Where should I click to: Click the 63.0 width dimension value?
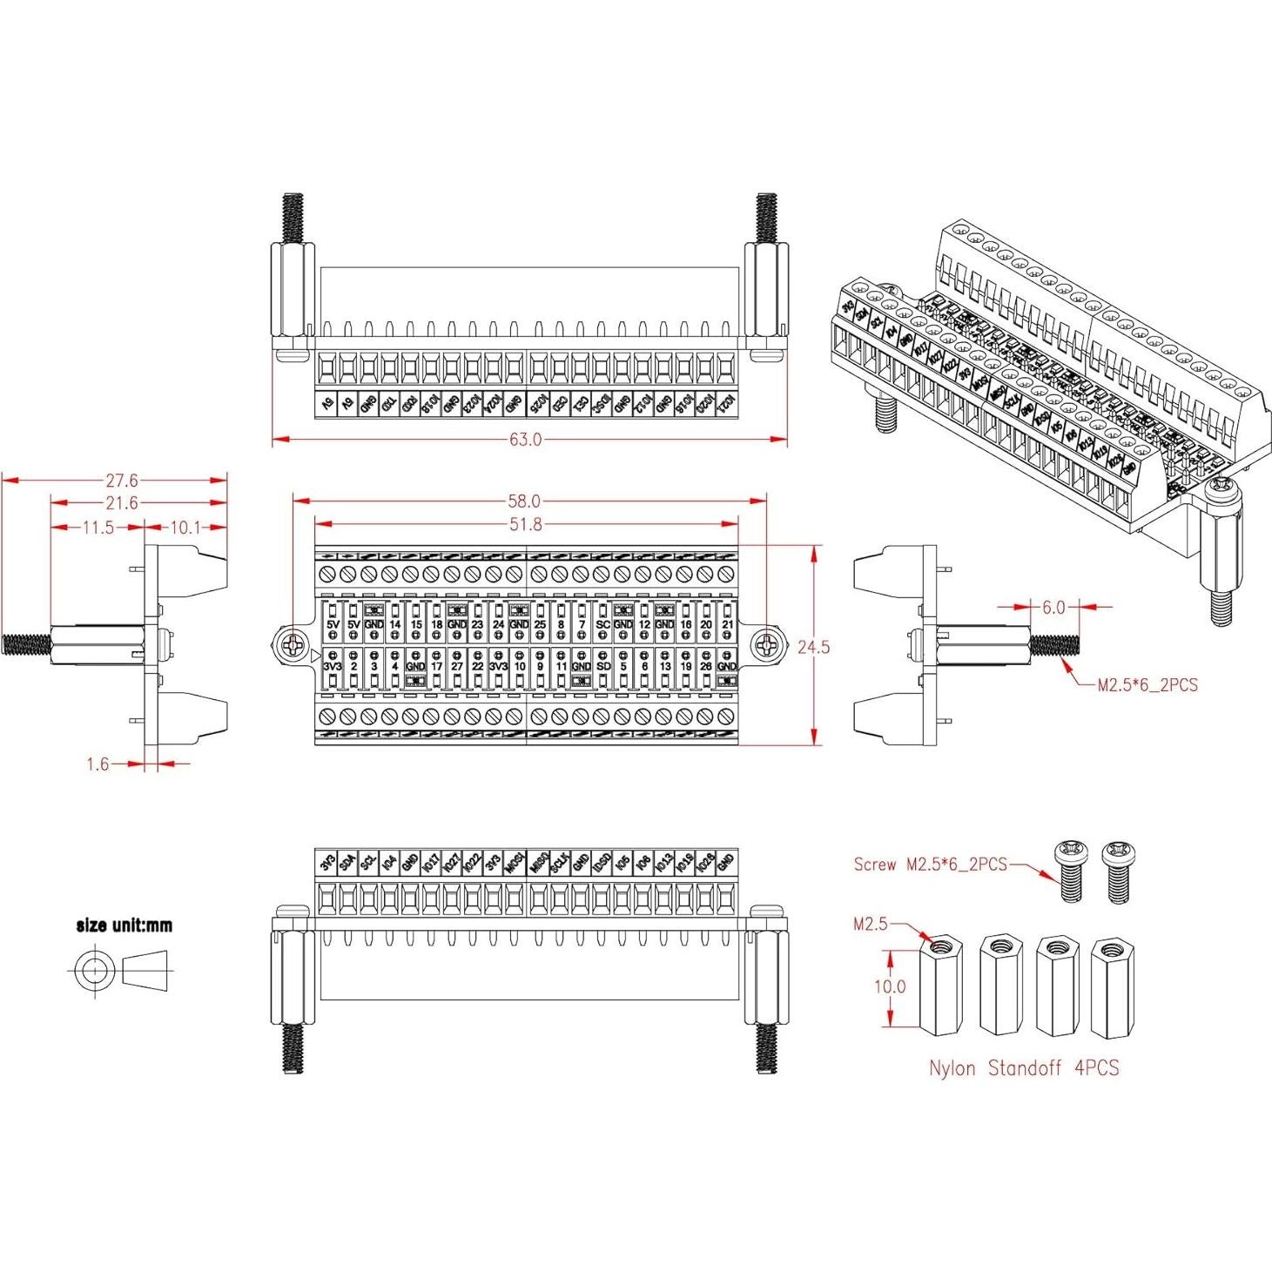click(525, 440)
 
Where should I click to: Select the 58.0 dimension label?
click(524, 501)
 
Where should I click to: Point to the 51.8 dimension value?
click(525, 524)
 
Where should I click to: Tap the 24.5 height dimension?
click(813, 647)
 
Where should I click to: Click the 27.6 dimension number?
click(122, 480)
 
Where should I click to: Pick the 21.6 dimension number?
click(122, 503)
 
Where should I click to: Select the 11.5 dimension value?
click(97, 528)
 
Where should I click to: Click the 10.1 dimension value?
click(185, 528)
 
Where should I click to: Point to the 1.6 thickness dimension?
click(98, 764)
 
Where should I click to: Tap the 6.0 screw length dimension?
click(1053, 608)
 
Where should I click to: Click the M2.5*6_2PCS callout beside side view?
click(1147, 685)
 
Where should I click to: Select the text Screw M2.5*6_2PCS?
click(930, 865)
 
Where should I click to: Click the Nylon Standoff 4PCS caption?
click(1023, 1068)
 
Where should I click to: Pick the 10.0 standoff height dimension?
click(889, 987)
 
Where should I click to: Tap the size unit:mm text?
click(125, 925)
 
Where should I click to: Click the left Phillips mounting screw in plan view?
click(294, 645)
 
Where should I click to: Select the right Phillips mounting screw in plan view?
click(766, 645)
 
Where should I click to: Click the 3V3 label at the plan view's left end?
click(333, 666)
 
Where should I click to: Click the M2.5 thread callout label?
click(870, 924)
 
